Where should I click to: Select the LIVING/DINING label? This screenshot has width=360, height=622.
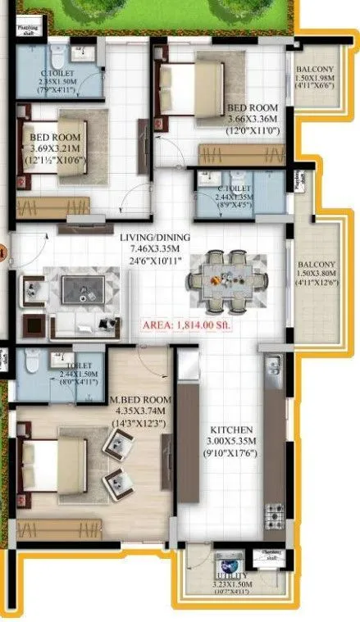point(155,238)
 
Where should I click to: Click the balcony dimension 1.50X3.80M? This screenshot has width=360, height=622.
point(317,274)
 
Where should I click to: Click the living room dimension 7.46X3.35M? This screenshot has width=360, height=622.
point(155,248)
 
